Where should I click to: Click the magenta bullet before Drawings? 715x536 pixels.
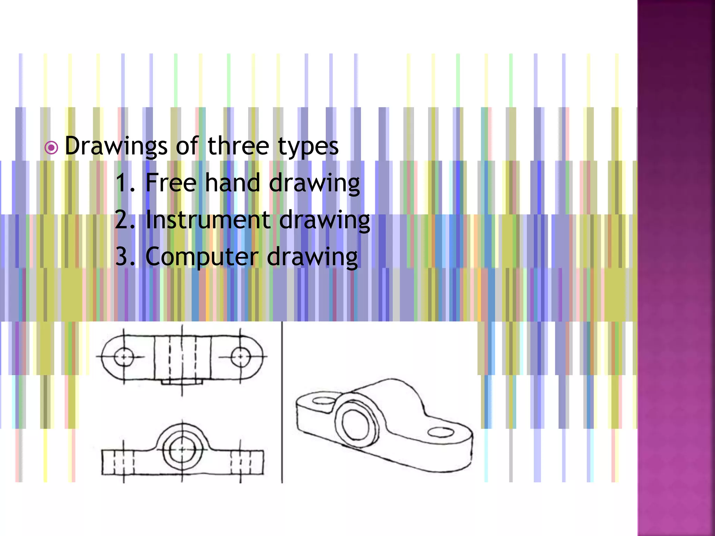click(x=51, y=148)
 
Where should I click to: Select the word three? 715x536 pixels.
click(x=238, y=146)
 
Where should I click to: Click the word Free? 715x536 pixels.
click(x=170, y=183)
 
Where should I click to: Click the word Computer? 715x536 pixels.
click(x=201, y=257)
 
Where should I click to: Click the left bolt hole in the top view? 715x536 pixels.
click(x=124, y=357)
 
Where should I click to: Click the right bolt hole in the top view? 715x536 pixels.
click(x=241, y=357)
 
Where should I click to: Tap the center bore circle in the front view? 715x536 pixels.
click(x=182, y=449)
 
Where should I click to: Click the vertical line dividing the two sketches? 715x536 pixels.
click(x=282, y=401)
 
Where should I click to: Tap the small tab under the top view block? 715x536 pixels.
click(x=182, y=382)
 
